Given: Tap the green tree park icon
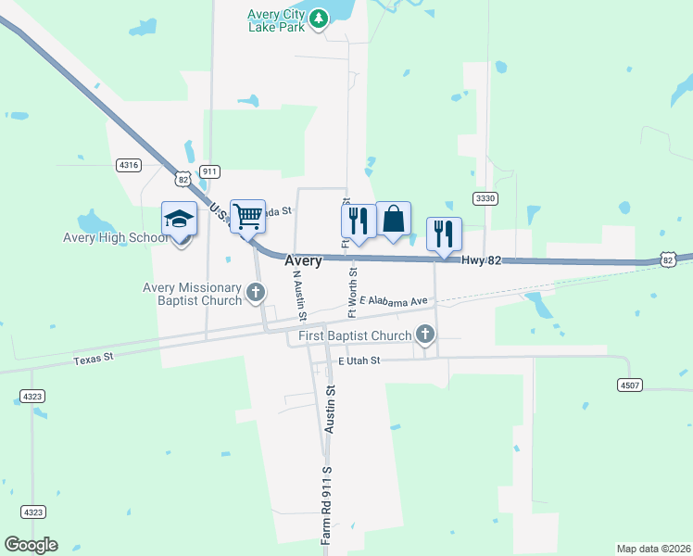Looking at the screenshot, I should (x=319, y=18).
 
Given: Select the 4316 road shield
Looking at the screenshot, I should (x=129, y=165).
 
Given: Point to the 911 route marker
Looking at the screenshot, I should (x=210, y=171).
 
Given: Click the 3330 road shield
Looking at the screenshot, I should (x=485, y=198).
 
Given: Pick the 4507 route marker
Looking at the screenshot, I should (x=630, y=384).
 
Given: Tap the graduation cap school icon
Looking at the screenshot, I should (x=179, y=220).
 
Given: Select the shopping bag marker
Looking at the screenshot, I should (x=393, y=220).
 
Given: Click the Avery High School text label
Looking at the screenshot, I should (x=115, y=238).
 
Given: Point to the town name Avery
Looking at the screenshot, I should (x=303, y=261).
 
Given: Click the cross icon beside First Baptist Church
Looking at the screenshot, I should (x=425, y=334).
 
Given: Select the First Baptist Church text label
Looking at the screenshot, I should (x=354, y=335).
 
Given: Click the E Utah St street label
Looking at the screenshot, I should (x=359, y=361).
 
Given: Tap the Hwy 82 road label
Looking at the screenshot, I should (x=482, y=261).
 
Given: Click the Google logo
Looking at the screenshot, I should (x=31, y=545).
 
